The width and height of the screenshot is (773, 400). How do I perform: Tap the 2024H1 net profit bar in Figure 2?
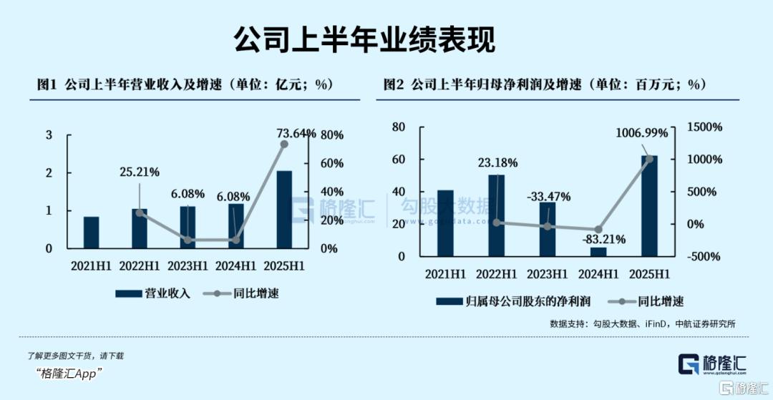point(598,251)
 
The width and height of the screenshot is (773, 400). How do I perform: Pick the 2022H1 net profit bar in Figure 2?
point(497,215)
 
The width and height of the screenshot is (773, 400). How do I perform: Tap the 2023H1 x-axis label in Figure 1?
point(188,265)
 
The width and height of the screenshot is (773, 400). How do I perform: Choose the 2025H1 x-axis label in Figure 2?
point(649,273)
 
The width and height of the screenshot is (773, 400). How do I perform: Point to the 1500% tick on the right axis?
point(704,127)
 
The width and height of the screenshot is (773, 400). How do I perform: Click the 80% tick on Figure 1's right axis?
point(332,135)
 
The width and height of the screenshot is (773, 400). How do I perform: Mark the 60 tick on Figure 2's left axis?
point(399,159)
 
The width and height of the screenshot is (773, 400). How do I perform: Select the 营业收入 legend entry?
point(153,293)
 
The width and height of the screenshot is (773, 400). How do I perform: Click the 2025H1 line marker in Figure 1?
point(284,144)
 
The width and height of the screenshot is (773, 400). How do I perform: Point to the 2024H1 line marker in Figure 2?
point(598,230)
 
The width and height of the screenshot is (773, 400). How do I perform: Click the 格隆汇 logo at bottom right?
point(713,364)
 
